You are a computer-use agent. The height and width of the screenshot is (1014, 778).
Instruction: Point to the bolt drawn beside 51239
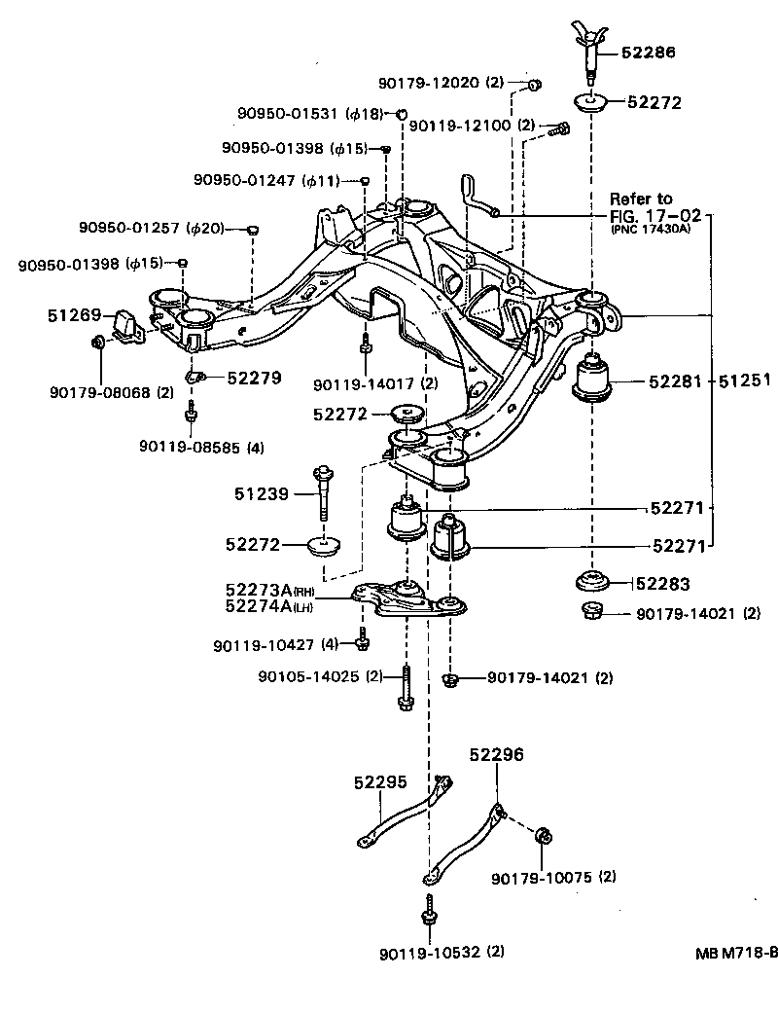click(322, 494)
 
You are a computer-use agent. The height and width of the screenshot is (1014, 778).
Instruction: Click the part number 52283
click(663, 584)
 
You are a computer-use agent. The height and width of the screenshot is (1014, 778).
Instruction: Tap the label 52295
click(379, 781)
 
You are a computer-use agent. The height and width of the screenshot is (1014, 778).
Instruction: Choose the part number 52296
click(496, 753)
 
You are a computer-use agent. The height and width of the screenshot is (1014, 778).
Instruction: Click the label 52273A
click(257, 591)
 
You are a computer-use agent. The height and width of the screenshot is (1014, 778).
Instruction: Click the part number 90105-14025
click(308, 676)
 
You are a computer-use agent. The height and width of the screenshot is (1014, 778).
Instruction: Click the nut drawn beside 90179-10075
click(546, 835)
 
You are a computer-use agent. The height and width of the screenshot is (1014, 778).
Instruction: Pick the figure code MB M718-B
click(735, 953)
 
